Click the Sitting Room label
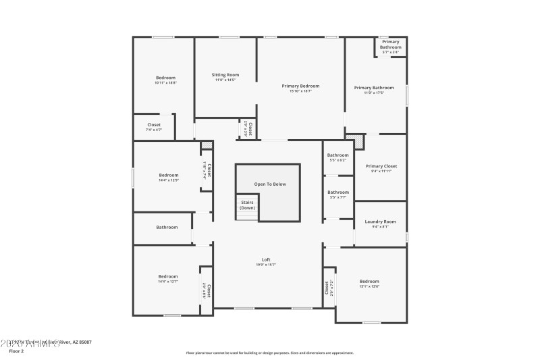click(225, 75)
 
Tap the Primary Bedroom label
click(300, 86)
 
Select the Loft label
click(267, 260)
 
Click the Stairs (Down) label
click(247, 205)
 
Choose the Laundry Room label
click(380, 222)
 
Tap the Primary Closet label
click(381, 166)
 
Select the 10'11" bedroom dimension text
click(165, 83)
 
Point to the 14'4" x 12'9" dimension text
click(168, 180)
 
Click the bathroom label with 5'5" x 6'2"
click(338, 155)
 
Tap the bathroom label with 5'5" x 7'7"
click(338, 192)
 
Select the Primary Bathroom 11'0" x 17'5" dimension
click(374, 93)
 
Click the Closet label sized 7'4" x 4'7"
click(154, 125)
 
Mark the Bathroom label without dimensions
click(167, 227)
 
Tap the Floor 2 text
click(16, 351)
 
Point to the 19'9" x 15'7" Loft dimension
click(267, 265)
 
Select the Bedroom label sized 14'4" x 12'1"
click(168, 276)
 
